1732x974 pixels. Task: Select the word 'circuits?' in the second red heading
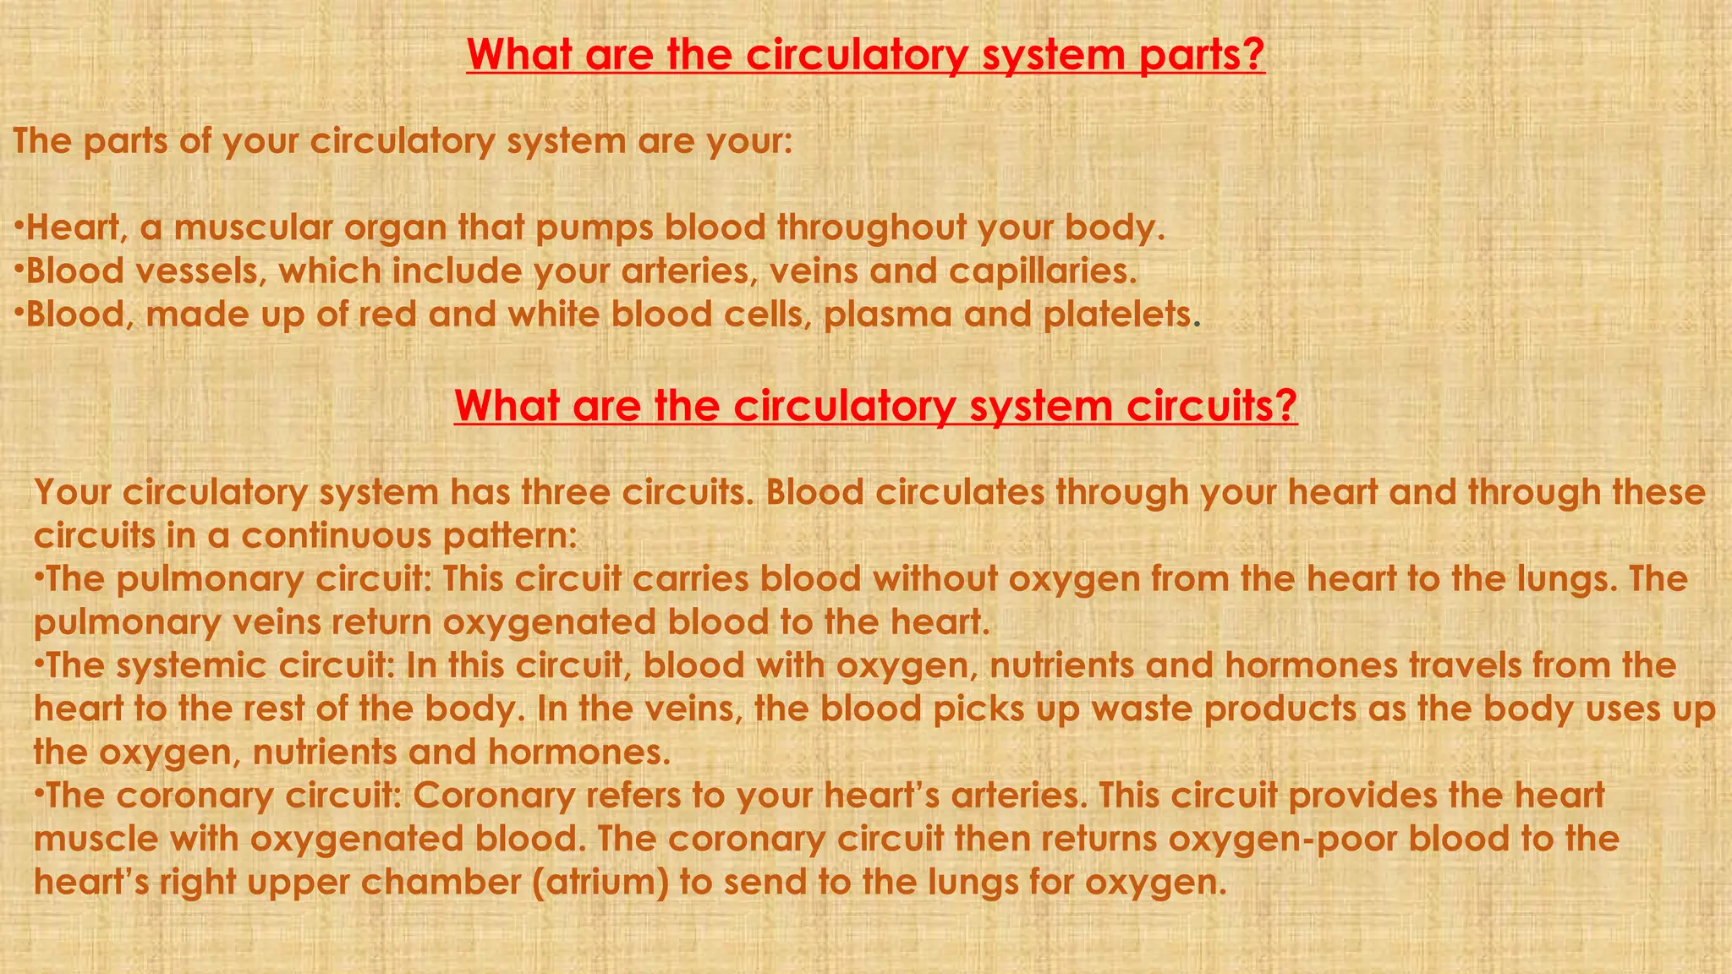[1212, 406]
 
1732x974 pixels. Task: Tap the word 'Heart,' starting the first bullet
[76, 228]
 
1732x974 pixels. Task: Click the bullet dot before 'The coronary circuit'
[39, 794]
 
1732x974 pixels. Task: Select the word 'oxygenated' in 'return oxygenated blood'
[549, 623]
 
